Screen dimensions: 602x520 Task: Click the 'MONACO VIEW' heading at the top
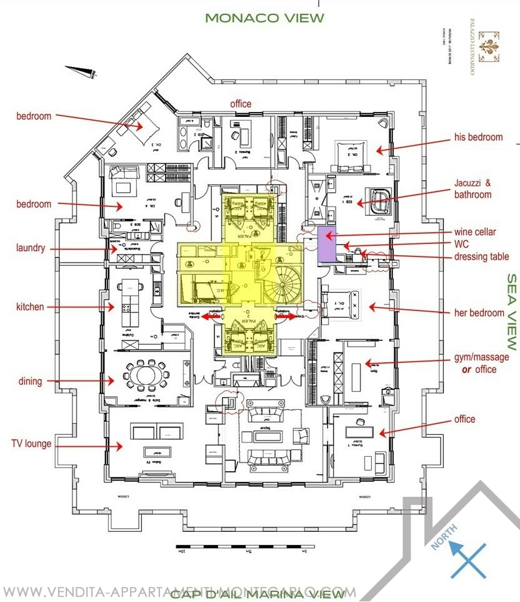264,18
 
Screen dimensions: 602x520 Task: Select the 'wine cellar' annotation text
476,232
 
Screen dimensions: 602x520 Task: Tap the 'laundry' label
31,248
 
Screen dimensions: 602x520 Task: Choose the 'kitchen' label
30,307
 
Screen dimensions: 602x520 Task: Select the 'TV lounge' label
31,444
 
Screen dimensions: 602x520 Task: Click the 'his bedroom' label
479,137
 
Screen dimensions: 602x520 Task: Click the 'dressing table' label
481,257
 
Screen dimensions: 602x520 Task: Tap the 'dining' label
30,380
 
